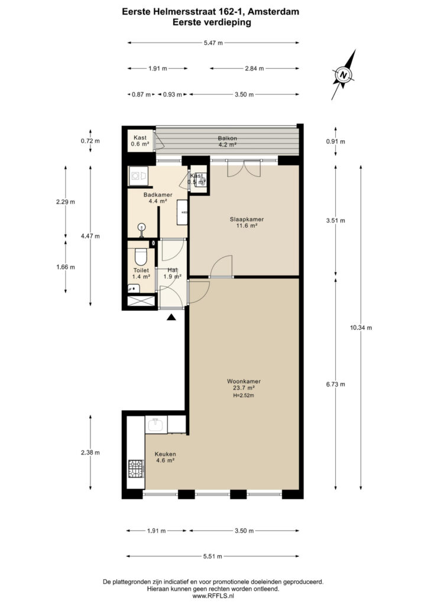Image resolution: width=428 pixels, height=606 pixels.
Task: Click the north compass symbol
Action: (343, 75)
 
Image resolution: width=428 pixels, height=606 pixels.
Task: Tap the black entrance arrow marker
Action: (171, 317)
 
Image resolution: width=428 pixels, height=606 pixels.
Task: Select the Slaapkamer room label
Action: (247, 219)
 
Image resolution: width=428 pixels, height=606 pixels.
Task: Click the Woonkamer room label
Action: (244, 382)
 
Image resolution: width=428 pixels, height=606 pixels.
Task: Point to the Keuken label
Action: (165, 454)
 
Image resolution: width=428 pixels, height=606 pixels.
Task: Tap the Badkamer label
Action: (158, 195)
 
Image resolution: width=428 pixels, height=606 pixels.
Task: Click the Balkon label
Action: (228, 138)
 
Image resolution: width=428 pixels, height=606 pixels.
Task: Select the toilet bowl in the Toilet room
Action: (140, 257)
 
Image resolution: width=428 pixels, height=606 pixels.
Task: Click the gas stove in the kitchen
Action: (136, 469)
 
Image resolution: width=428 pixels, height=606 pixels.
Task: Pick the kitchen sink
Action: (156, 425)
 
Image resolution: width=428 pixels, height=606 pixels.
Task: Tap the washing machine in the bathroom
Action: (138, 176)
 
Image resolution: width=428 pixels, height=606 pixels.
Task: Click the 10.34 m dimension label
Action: (361, 328)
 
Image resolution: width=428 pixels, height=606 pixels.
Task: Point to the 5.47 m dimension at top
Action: (213, 43)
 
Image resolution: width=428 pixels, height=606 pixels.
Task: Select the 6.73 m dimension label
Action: (335, 384)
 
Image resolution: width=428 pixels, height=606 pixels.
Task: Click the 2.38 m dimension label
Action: (90, 453)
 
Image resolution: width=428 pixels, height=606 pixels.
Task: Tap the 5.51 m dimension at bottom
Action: (213, 556)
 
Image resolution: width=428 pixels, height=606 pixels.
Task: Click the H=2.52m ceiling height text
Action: (244, 395)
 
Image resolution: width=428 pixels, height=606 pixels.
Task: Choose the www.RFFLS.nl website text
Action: (213, 596)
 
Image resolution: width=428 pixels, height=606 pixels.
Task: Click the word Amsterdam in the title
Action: (273, 12)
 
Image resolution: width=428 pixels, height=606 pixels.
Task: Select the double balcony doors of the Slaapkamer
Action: (244, 167)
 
